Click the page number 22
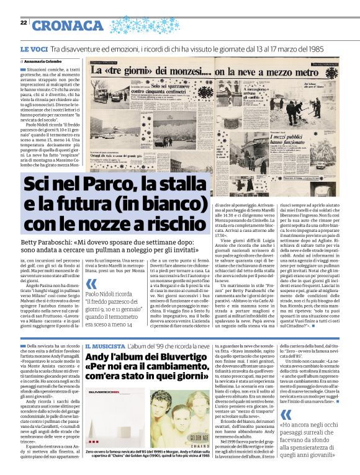(x=24, y=22)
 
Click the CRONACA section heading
(x=67, y=25)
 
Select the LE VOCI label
(x=33, y=48)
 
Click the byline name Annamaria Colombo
(x=44, y=62)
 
